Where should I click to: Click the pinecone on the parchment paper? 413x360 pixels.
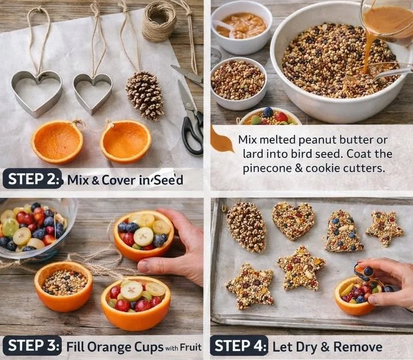click(x=145, y=95)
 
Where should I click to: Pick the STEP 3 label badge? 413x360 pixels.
click(x=33, y=346)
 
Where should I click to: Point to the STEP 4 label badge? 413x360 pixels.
click(x=239, y=346)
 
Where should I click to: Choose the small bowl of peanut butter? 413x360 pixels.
click(x=241, y=26)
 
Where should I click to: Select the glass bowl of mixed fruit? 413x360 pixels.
click(x=34, y=227)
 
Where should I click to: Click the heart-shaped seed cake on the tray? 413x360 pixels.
click(x=293, y=220)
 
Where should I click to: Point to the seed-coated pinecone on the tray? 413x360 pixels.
click(x=247, y=226)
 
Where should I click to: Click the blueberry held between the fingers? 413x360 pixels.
click(x=368, y=271)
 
